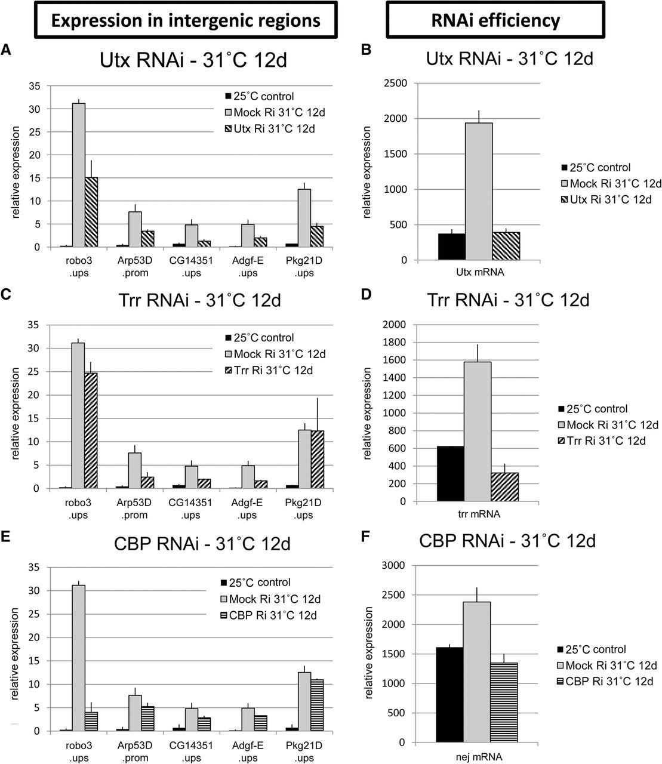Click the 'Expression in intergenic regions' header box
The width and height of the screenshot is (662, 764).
pos(186,21)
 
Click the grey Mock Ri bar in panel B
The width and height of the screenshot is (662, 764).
pos(479,192)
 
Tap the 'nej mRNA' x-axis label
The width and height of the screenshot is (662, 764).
pos(478,755)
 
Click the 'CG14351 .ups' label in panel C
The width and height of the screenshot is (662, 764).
pos(191,509)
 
